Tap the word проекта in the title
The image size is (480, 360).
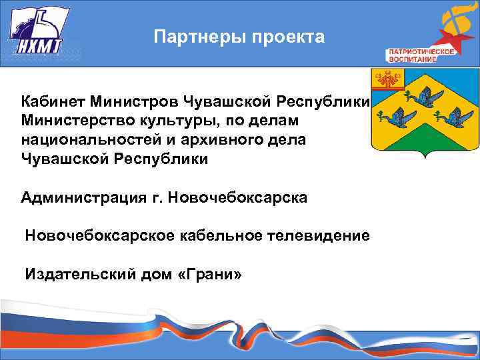pyautogui.click(x=289, y=37)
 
